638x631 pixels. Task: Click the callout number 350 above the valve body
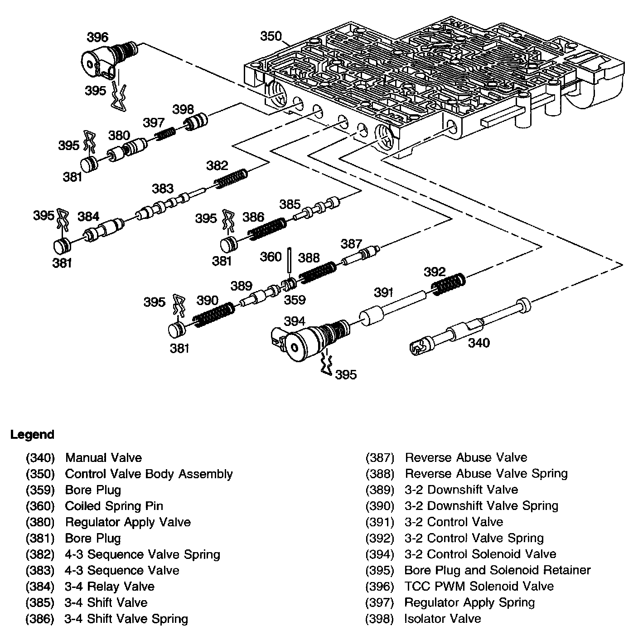pos(271,36)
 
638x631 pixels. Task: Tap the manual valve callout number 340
pos(479,343)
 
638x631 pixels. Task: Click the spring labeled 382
pos(231,178)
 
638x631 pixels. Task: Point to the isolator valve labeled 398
pos(195,122)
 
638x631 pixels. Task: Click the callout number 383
pos(162,189)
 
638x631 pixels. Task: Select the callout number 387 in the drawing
pos(351,244)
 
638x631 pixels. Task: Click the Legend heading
pos(32,435)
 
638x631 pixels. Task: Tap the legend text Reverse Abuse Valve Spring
pos(486,474)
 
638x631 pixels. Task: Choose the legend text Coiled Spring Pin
pos(114,506)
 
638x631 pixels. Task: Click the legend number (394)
pos(380,554)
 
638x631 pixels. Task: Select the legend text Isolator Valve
pos(442,619)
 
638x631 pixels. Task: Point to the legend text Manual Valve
pos(103,458)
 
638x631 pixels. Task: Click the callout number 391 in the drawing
pos(383,293)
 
